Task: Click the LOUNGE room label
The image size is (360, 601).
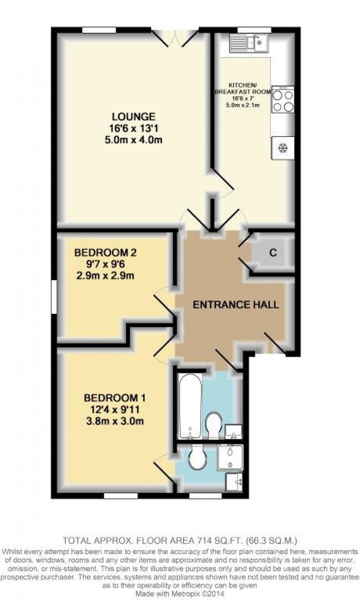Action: (x=134, y=117)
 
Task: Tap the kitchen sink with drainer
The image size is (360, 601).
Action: (x=249, y=43)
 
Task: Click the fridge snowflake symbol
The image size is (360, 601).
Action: (x=283, y=148)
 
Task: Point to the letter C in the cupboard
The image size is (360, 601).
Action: (x=273, y=253)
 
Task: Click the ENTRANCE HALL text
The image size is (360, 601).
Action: (x=235, y=305)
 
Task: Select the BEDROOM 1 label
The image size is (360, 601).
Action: (x=115, y=398)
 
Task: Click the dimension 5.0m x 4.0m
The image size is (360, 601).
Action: (x=134, y=140)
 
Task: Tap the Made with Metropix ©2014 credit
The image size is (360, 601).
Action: (x=180, y=593)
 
